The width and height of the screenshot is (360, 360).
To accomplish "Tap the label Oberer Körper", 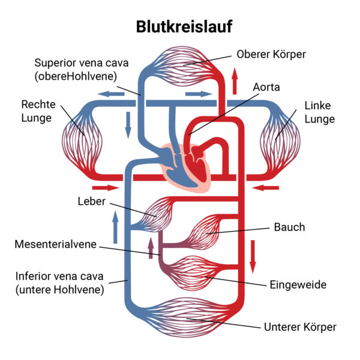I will [271, 54].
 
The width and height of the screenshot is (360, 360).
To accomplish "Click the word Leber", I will [91, 200].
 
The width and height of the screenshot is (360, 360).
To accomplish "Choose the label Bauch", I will [289, 227].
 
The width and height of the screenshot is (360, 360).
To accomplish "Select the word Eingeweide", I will [298, 284].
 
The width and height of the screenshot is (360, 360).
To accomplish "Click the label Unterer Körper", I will [300, 327].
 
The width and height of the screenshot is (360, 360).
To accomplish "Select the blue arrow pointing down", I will [128, 123].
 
